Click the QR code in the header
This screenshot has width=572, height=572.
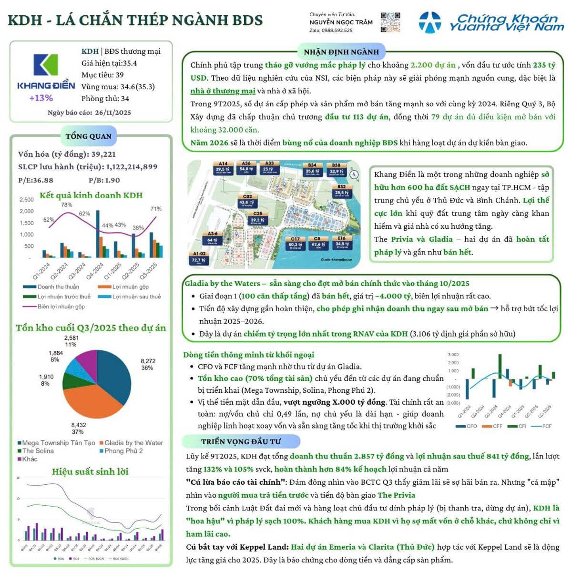(x=390, y=22)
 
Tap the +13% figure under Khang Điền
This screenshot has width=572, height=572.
(x=41, y=98)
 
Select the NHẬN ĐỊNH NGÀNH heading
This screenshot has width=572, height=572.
(x=341, y=52)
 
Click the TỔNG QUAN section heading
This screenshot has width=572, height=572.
(x=89, y=136)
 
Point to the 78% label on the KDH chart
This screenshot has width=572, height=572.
(x=67, y=205)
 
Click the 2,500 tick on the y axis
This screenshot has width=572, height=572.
(x=27, y=200)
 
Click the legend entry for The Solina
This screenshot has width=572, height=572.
(x=38, y=451)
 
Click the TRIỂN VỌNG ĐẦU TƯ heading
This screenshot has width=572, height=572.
(x=241, y=442)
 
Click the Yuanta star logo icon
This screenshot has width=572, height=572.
(x=429, y=22)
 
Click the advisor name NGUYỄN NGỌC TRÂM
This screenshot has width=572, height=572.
(x=341, y=22)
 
